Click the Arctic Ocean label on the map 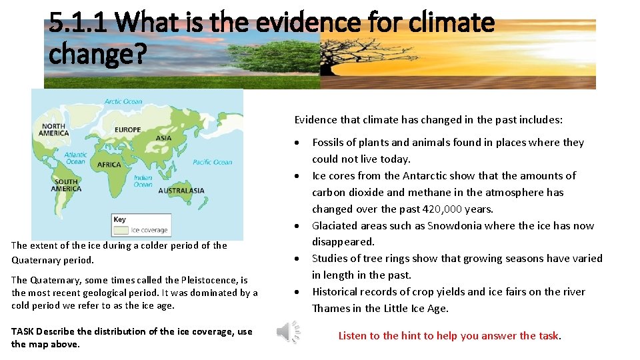tap(123, 102)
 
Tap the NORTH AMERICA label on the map tap(54, 129)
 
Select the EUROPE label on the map tap(127, 129)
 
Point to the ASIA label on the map tap(163, 138)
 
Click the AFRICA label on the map tap(109, 165)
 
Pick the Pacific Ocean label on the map tap(212, 162)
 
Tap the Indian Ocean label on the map tap(143, 181)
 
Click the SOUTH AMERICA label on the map tap(66, 185)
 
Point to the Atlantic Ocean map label tap(75, 158)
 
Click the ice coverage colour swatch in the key tap(121, 230)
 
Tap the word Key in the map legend tap(119, 219)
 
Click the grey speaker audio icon tap(288, 331)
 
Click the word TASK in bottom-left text tap(23, 331)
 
